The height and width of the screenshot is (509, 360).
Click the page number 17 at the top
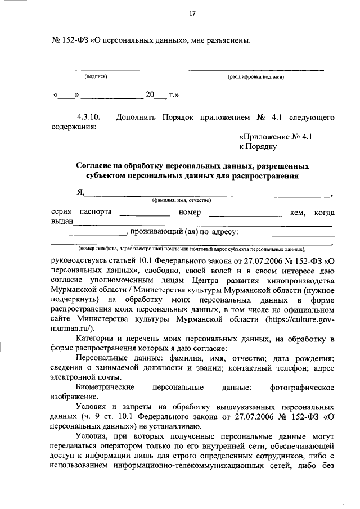[192, 14]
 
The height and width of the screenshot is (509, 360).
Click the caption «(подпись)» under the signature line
[96, 76]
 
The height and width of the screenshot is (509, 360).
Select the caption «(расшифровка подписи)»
[256, 76]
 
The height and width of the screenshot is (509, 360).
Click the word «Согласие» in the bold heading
[97, 166]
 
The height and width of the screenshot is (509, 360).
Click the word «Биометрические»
[105, 388]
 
